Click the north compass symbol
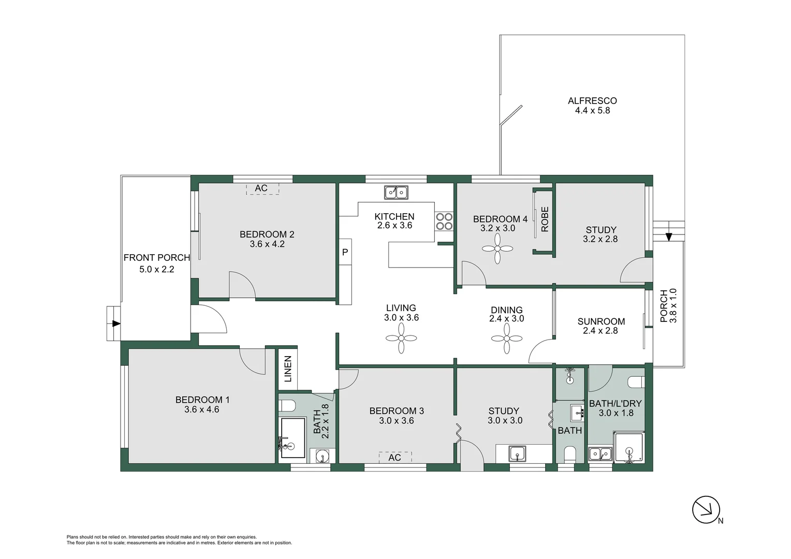[706, 510]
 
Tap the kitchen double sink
[396, 193]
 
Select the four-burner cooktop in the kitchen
[444, 222]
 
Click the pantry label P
[345, 253]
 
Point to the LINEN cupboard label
[288, 369]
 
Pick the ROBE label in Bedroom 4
[545, 219]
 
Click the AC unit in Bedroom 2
[261, 188]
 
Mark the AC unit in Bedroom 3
[394, 457]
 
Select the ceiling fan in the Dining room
[507, 339]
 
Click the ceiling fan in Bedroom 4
[497, 249]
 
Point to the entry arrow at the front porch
[116, 323]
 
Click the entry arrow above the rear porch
[669, 237]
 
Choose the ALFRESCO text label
[592, 101]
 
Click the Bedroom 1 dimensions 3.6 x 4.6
[202, 409]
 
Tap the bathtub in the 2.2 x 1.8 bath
[292, 438]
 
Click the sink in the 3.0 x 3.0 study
[517, 454]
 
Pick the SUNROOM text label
[601, 321]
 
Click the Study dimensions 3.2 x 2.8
[600, 239]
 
